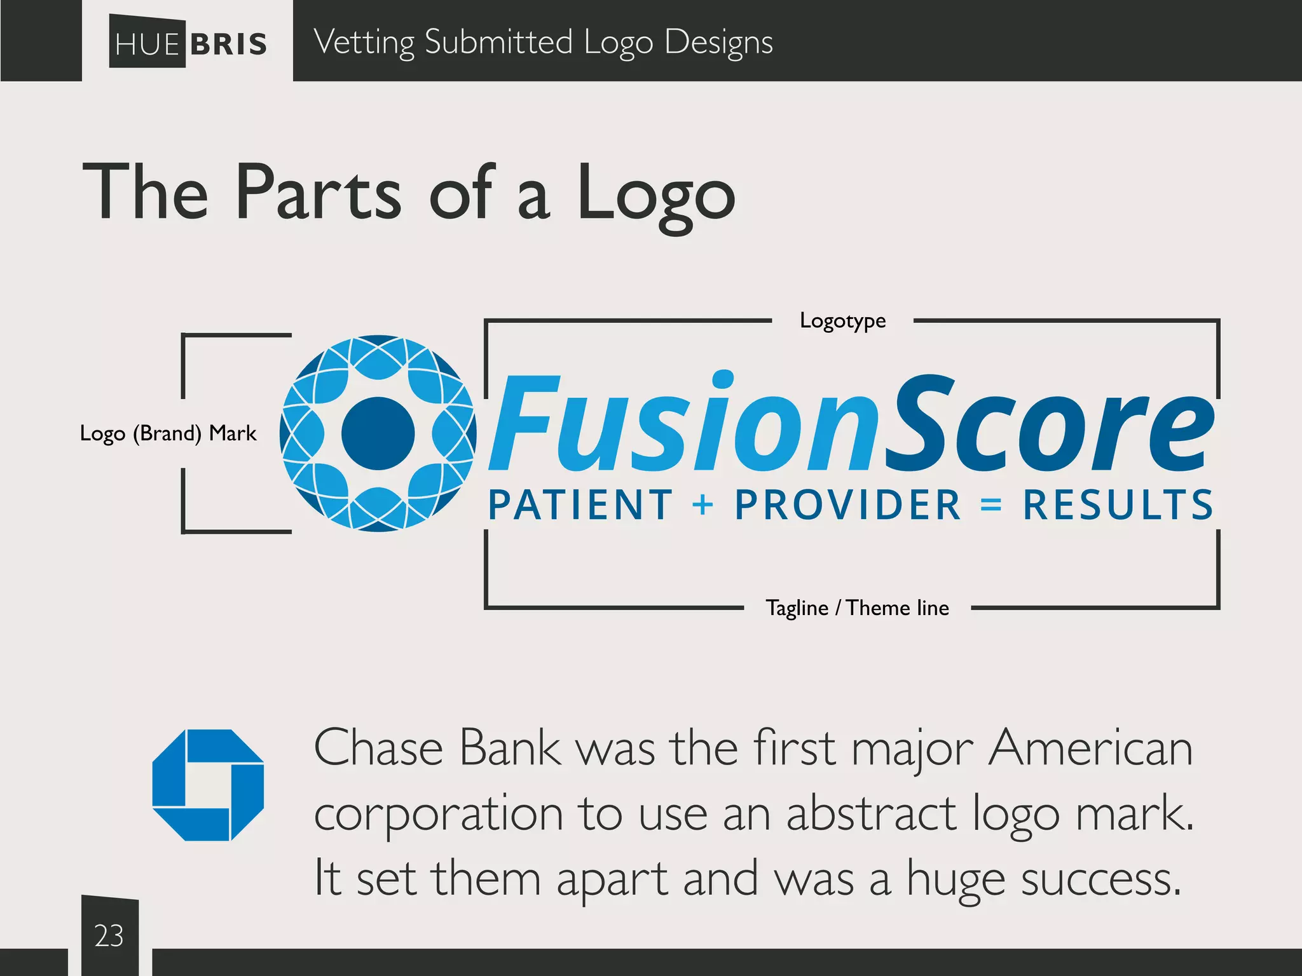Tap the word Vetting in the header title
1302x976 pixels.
click(x=364, y=43)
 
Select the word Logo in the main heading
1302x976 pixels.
click(x=656, y=194)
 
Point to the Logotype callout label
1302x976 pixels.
click(x=842, y=321)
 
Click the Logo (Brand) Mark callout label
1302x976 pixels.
click(x=168, y=433)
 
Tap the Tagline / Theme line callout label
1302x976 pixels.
click(x=857, y=608)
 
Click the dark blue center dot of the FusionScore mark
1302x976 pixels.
click(x=378, y=433)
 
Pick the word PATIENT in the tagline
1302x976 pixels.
click(x=580, y=505)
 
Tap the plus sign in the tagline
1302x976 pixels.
click(x=703, y=505)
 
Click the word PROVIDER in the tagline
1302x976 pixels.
click(x=847, y=505)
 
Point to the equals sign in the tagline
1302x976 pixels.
click(x=991, y=505)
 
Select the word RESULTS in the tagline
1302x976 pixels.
click(x=1118, y=505)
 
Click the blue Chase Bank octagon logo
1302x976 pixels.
click(x=208, y=785)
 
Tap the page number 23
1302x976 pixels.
click(x=109, y=936)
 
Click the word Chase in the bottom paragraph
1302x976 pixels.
click(x=378, y=749)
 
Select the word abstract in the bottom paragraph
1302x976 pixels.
click(x=871, y=813)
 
